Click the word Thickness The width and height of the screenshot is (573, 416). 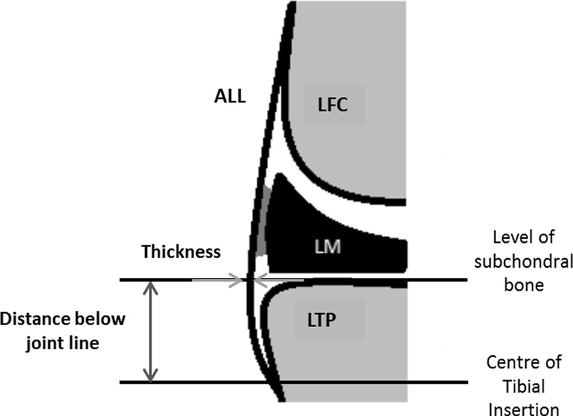tap(181, 252)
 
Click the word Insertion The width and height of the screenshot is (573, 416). tap(524, 409)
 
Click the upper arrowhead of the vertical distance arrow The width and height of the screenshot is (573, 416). tap(152, 287)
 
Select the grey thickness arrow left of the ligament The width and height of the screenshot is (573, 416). tap(229, 278)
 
